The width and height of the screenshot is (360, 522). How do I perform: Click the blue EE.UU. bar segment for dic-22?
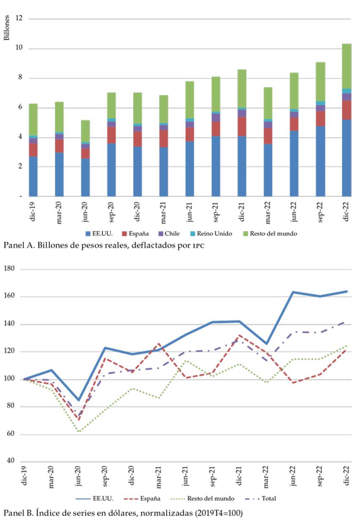coord(346,158)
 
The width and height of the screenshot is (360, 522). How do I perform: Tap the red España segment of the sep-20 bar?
coord(111,135)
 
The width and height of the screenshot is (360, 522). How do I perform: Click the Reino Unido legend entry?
coord(214,233)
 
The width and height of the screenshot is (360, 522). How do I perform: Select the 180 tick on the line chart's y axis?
coord(15,269)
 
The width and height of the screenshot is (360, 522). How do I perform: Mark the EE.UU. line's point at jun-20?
coord(79,400)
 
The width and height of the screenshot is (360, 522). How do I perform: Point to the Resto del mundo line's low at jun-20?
coord(79,431)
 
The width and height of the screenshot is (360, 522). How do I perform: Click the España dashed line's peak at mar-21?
coord(159,344)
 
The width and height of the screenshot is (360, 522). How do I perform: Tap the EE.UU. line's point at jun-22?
coord(293,292)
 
